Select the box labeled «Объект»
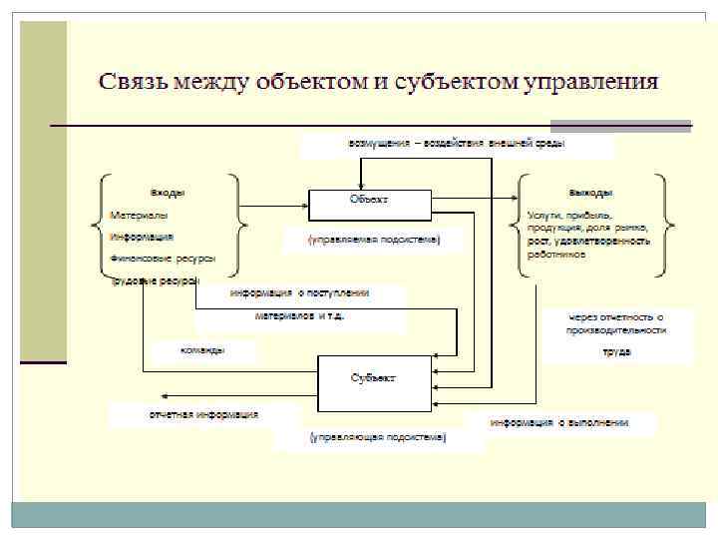(x=369, y=203)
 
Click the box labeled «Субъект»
(x=373, y=378)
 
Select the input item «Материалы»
(x=139, y=215)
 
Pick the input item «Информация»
(x=143, y=238)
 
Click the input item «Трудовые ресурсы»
(x=156, y=280)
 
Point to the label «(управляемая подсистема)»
(x=373, y=241)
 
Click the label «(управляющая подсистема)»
(x=377, y=437)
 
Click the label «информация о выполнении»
(x=558, y=422)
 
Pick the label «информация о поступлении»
(x=299, y=293)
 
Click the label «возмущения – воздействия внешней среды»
(x=457, y=144)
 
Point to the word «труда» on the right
(x=615, y=351)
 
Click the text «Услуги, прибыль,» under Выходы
(x=570, y=215)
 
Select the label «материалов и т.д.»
(x=299, y=316)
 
